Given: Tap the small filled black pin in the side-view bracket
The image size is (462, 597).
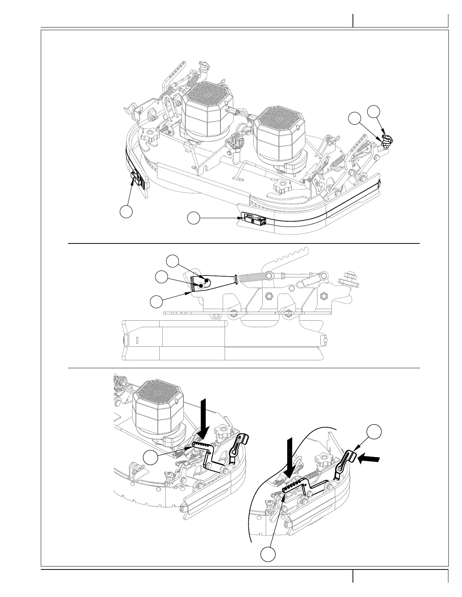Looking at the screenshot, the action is (x=207, y=279).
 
